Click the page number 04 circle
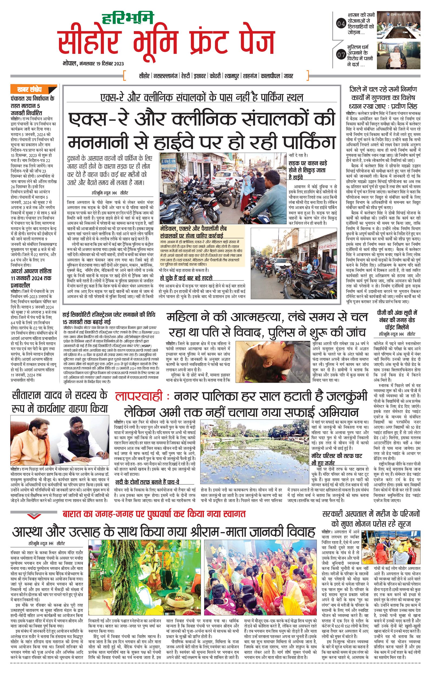click(x=341, y=24)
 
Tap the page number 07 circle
click(x=341, y=55)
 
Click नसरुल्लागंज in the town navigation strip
click(x=165, y=76)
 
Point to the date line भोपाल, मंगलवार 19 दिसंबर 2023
click(x=93, y=64)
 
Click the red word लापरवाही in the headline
click(x=139, y=396)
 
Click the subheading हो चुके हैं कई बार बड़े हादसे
click(x=186, y=278)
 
